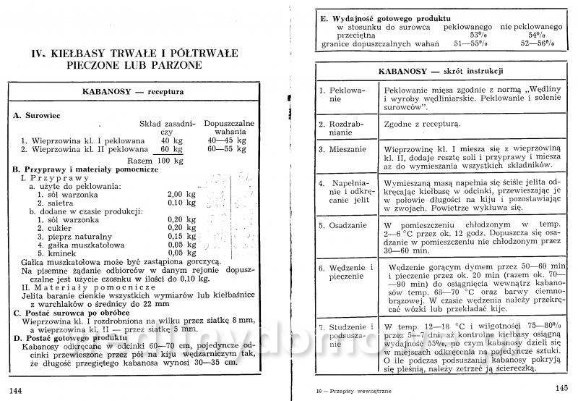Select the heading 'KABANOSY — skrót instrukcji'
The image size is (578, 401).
tap(440, 72)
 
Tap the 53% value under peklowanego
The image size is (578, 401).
tap(478, 35)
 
